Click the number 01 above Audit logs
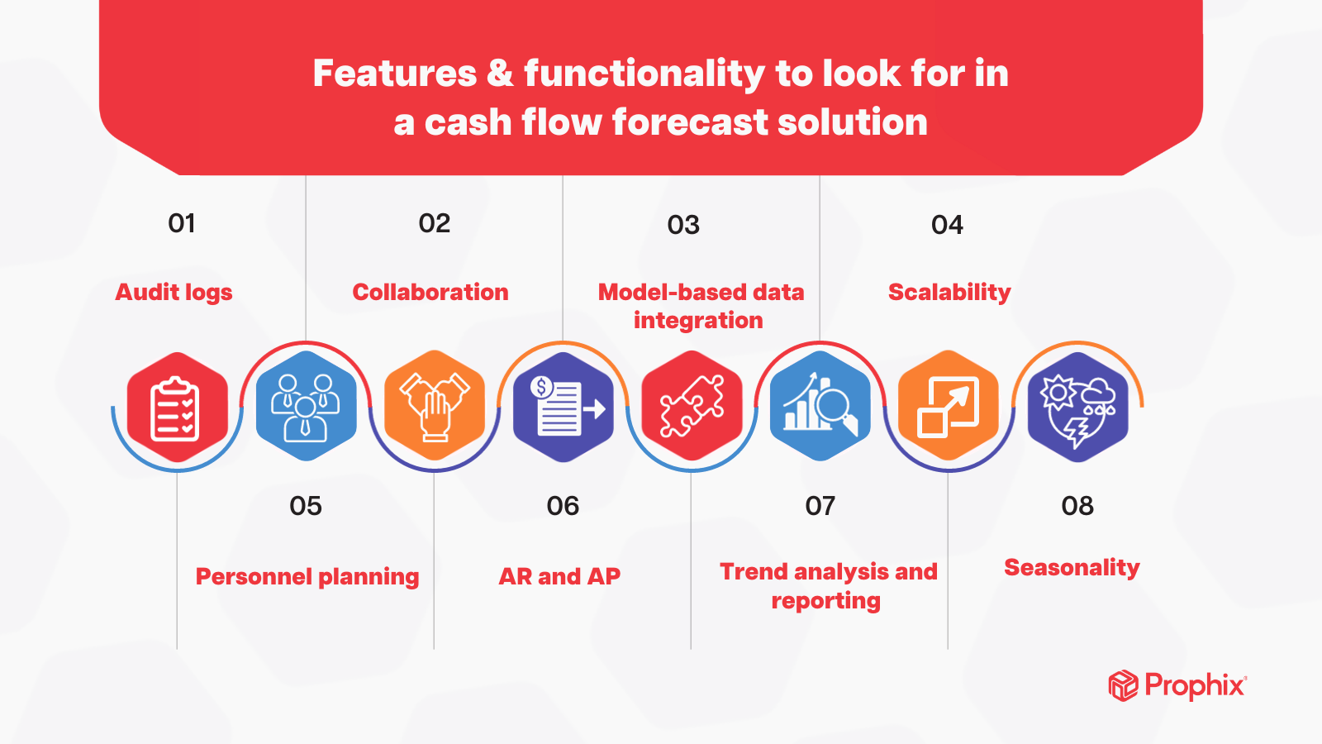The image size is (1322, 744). click(182, 223)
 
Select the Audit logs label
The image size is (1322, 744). click(174, 293)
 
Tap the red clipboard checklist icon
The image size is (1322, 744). click(177, 407)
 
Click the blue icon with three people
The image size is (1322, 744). click(306, 407)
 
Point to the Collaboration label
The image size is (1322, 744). click(430, 293)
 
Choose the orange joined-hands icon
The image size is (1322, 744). click(435, 407)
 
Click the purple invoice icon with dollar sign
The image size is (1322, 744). click(564, 407)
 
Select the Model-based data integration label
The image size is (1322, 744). click(701, 306)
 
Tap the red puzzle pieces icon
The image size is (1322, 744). click(692, 407)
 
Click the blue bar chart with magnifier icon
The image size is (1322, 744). click(820, 407)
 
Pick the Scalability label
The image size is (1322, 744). click(949, 293)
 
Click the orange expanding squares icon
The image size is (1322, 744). click(949, 407)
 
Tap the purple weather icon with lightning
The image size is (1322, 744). click(1077, 407)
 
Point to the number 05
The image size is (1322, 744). click(306, 506)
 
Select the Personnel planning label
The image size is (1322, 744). click(307, 577)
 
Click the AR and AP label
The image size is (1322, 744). click(559, 577)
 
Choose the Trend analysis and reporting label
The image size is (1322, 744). click(828, 585)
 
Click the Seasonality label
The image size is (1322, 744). click(1072, 568)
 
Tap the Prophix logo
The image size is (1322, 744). click(1177, 686)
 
